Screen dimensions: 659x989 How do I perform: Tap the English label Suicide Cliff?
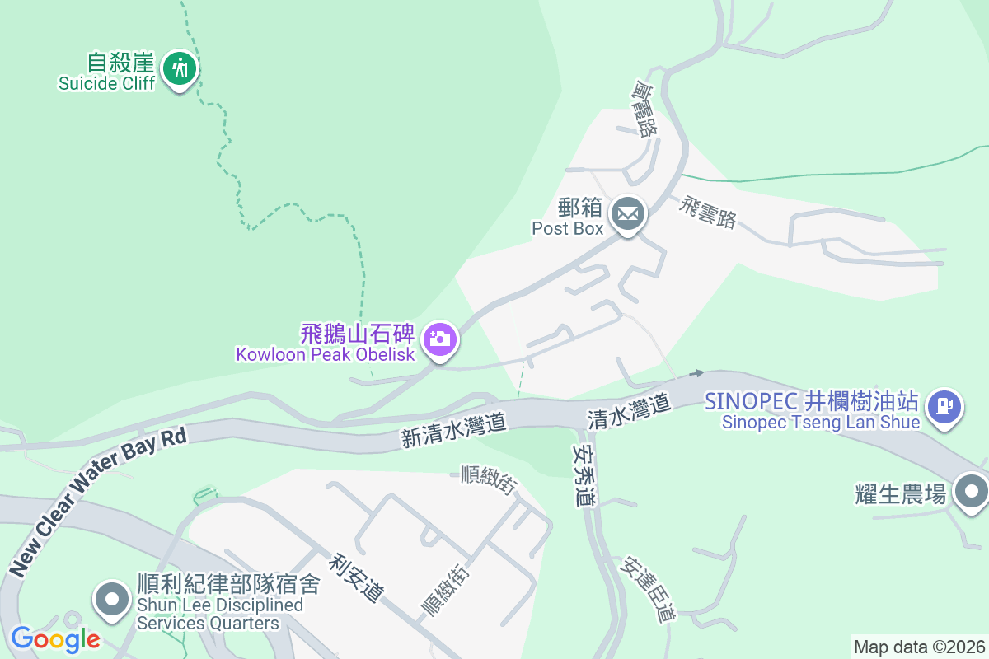tap(106, 83)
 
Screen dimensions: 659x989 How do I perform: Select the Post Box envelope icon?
tap(628, 215)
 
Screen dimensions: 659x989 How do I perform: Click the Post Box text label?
tap(568, 228)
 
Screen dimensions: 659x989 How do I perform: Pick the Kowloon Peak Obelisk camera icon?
tap(440, 339)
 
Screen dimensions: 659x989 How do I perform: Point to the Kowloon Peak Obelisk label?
tap(327, 355)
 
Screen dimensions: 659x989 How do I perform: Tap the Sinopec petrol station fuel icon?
tap(944, 406)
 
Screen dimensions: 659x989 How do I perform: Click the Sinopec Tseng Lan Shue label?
tap(820, 423)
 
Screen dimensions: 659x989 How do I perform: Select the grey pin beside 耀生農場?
tap(972, 492)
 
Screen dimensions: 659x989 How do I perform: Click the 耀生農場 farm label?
tap(901, 494)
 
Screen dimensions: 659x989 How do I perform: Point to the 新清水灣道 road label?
tap(453, 431)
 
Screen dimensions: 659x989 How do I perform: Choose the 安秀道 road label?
tap(584, 476)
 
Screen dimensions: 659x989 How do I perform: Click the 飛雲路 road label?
tap(707, 213)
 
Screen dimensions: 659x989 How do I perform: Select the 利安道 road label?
tap(357, 577)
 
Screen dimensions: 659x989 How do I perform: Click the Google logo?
tap(54, 638)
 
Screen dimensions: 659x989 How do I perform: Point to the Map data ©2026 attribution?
tap(918, 647)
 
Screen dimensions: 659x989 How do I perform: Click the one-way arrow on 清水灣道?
tap(696, 374)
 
